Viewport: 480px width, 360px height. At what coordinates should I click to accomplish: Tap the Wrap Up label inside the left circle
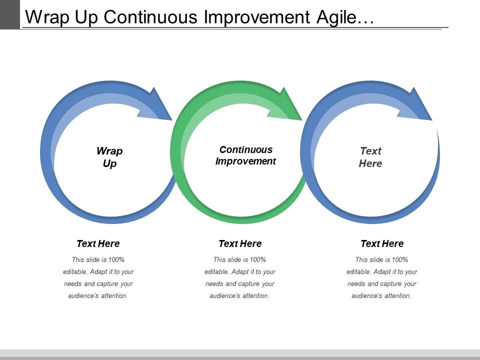tap(109, 157)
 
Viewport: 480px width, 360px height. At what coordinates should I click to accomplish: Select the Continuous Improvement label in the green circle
tap(245, 155)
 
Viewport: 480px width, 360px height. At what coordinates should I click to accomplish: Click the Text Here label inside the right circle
tap(370, 157)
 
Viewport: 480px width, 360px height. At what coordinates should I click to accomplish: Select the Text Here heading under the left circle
tap(98, 244)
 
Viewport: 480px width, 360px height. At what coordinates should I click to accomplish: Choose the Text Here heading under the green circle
tap(240, 244)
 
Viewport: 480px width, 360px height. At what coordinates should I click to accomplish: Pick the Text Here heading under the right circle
tap(382, 244)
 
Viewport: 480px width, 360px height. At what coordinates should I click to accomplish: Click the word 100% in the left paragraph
tap(115, 259)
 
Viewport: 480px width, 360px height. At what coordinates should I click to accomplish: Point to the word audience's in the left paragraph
tap(82, 296)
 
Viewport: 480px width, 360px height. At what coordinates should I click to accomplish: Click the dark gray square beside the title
tap(9, 14)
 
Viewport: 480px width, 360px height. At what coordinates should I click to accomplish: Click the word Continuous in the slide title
tap(152, 17)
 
